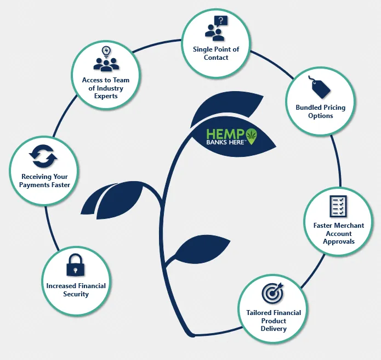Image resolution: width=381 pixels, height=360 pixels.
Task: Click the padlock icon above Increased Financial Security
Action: [x=76, y=265]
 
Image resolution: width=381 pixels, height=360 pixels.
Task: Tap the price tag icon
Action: [x=320, y=87]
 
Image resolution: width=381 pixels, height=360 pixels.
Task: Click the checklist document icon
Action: [x=338, y=206]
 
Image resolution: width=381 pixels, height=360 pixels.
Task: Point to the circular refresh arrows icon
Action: [x=43, y=156]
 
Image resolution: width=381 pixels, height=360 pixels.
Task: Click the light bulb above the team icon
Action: [x=106, y=52]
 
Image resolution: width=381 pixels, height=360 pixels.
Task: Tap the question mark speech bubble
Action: [x=221, y=21]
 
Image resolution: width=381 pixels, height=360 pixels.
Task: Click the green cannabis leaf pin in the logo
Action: [x=251, y=136]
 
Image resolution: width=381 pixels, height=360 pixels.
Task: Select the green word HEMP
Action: [x=225, y=134]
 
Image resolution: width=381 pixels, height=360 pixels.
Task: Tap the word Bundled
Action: [x=306, y=108]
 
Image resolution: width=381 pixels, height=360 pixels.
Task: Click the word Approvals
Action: [x=339, y=241]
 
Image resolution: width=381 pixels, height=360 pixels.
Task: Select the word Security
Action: [x=76, y=294]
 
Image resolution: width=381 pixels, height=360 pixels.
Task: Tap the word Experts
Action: [x=106, y=96]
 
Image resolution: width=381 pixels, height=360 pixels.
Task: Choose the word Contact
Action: [x=216, y=58]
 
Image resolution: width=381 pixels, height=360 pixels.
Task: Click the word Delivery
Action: [x=274, y=329]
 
